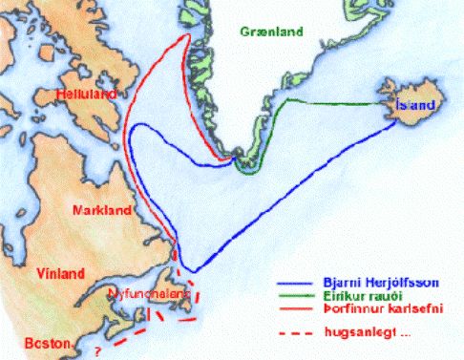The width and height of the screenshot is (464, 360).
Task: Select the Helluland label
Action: [85, 95]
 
